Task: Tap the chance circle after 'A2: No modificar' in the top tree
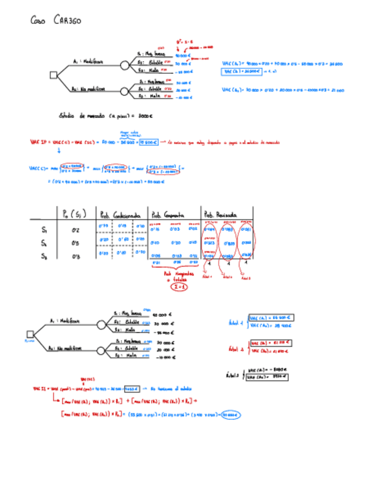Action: coord(125,90)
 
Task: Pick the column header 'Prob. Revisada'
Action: coord(221,215)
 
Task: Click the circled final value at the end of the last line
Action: coord(230,415)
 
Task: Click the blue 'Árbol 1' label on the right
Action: coord(234,321)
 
